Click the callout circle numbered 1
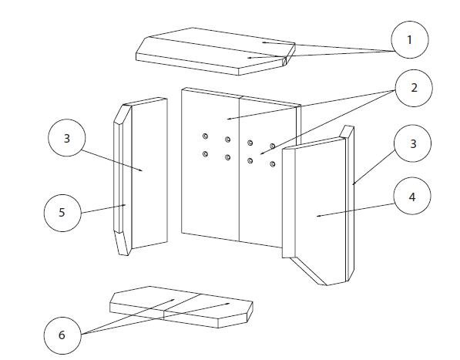(410, 39)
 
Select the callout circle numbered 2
(414, 88)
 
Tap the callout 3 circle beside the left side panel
(67, 138)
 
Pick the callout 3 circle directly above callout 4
(413, 143)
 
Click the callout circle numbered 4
(412, 196)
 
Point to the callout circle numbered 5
(62, 213)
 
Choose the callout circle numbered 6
(62, 335)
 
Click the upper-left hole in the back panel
(206, 136)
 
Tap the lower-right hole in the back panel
(273, 164)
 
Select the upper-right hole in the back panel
(273, 146)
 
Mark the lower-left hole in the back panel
(206, 153)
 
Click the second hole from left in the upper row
(227, 140)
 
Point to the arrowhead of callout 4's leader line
(318, 217)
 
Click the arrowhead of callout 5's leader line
(125, 205)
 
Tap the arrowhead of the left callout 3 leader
(142, 170)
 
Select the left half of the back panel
(210, 164)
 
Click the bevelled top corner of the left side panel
(123, 114)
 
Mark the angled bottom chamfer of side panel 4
(308, 271)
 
